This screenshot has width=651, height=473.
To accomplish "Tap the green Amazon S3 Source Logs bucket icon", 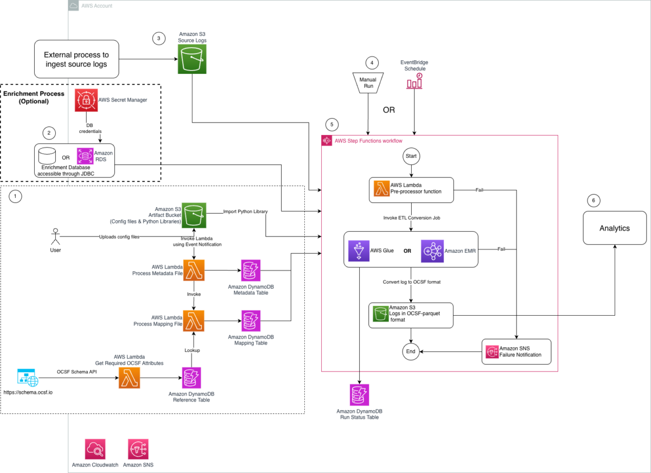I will click(x=193, y=59).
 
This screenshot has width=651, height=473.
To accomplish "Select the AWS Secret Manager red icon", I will click(x=86, y=100).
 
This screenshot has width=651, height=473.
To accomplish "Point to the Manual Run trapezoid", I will click(x=368, y=82).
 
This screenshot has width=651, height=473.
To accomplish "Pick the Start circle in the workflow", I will click(x=411, y=157).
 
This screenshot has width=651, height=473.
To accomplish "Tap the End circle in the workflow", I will click(x=411, y=351).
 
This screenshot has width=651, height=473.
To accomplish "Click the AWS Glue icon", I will click(x=358, y=251).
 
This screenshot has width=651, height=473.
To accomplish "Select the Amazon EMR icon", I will click(x=432, y=251).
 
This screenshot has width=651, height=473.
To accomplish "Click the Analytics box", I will click(x=614, y=228).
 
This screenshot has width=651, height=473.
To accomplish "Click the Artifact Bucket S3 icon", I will click(x=193, y=214).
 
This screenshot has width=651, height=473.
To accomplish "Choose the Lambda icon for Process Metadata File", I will click(x=194, y=270).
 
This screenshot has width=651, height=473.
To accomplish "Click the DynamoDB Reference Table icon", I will click(x=192, y=378).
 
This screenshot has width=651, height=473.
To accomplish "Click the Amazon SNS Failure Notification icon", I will click(x=492, y=351).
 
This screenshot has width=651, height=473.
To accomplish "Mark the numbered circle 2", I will click(x=49, y=132).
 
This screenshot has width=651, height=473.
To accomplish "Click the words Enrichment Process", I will click(x=34, y=94).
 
